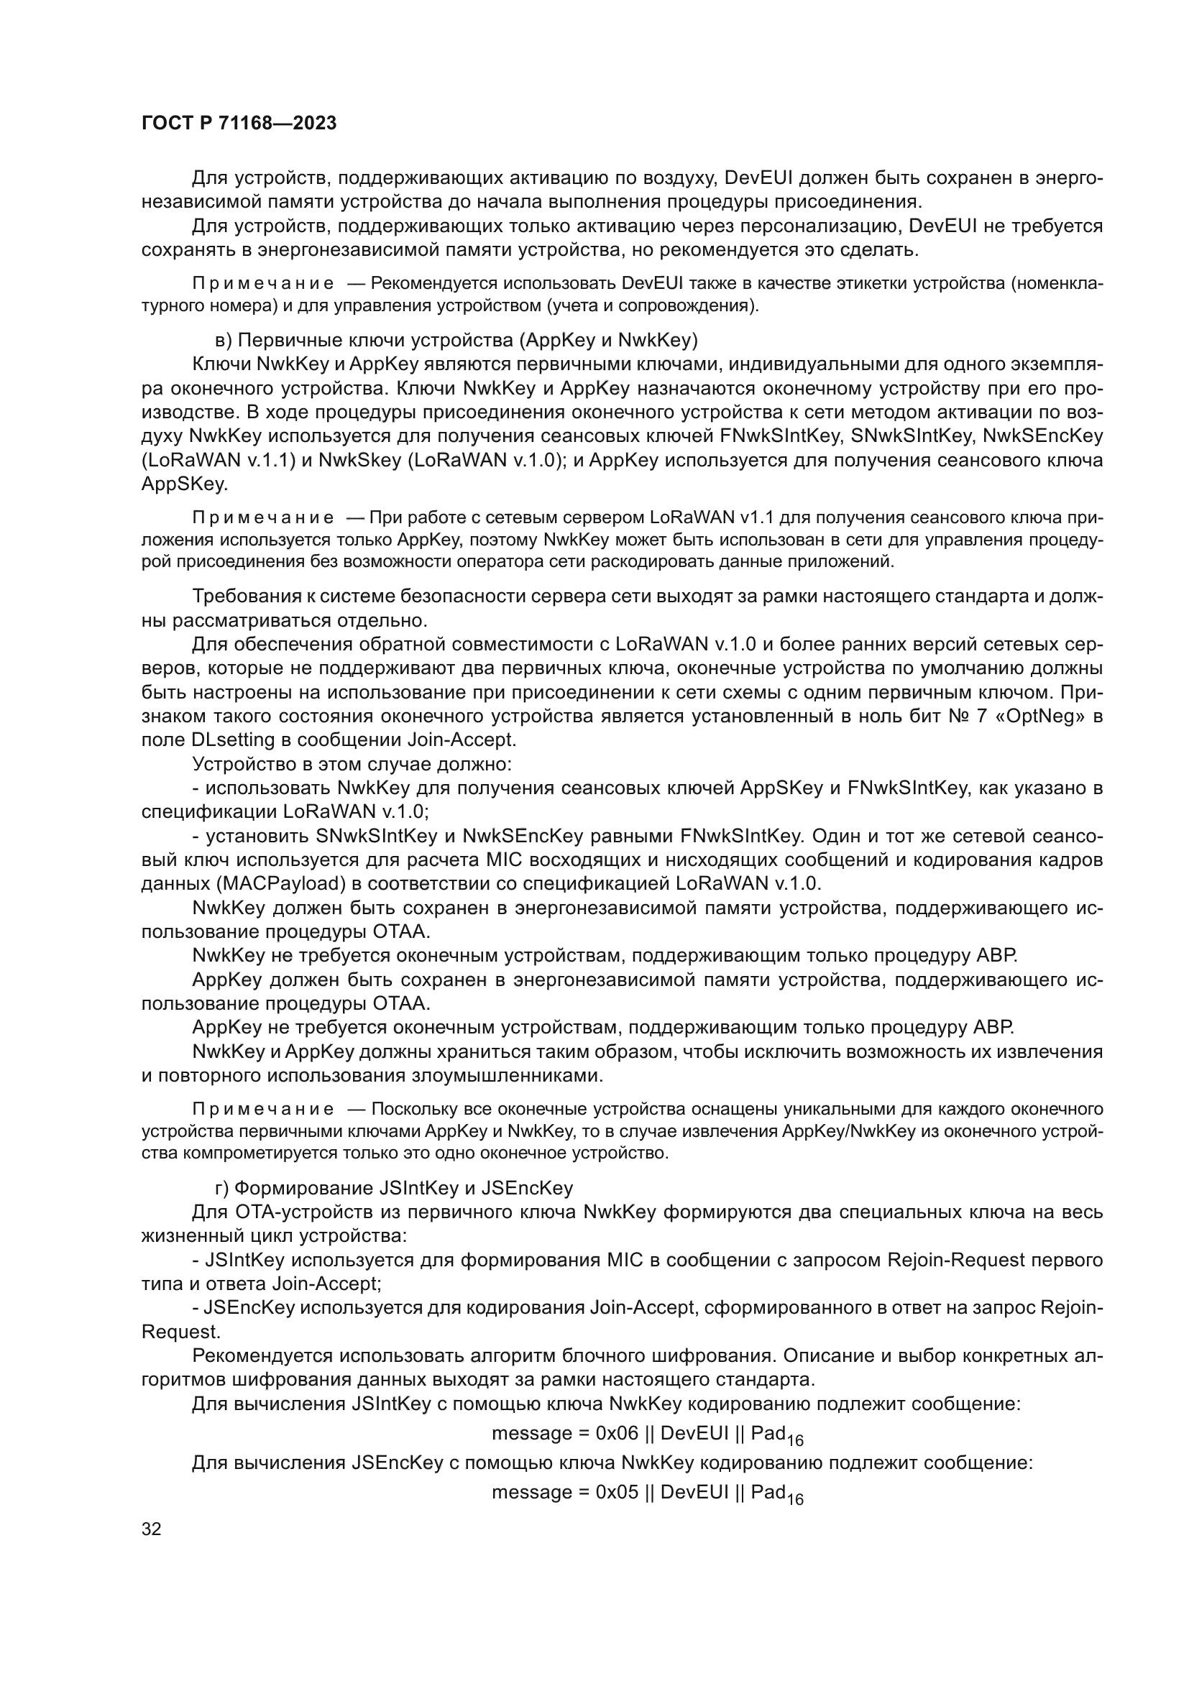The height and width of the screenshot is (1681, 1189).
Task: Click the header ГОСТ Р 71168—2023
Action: pos(239,123)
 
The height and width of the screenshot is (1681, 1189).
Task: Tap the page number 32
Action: pos(151,1529)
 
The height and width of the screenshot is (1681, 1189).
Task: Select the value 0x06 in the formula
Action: pos(617,1433)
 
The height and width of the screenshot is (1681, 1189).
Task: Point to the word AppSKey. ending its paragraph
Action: pos(185,484)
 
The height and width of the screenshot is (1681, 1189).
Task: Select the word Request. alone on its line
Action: pos(181,1331)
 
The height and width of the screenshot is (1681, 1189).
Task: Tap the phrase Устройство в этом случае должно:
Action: pos(352,765)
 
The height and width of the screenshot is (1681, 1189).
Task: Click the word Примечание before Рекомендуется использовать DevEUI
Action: pos(263,283)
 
